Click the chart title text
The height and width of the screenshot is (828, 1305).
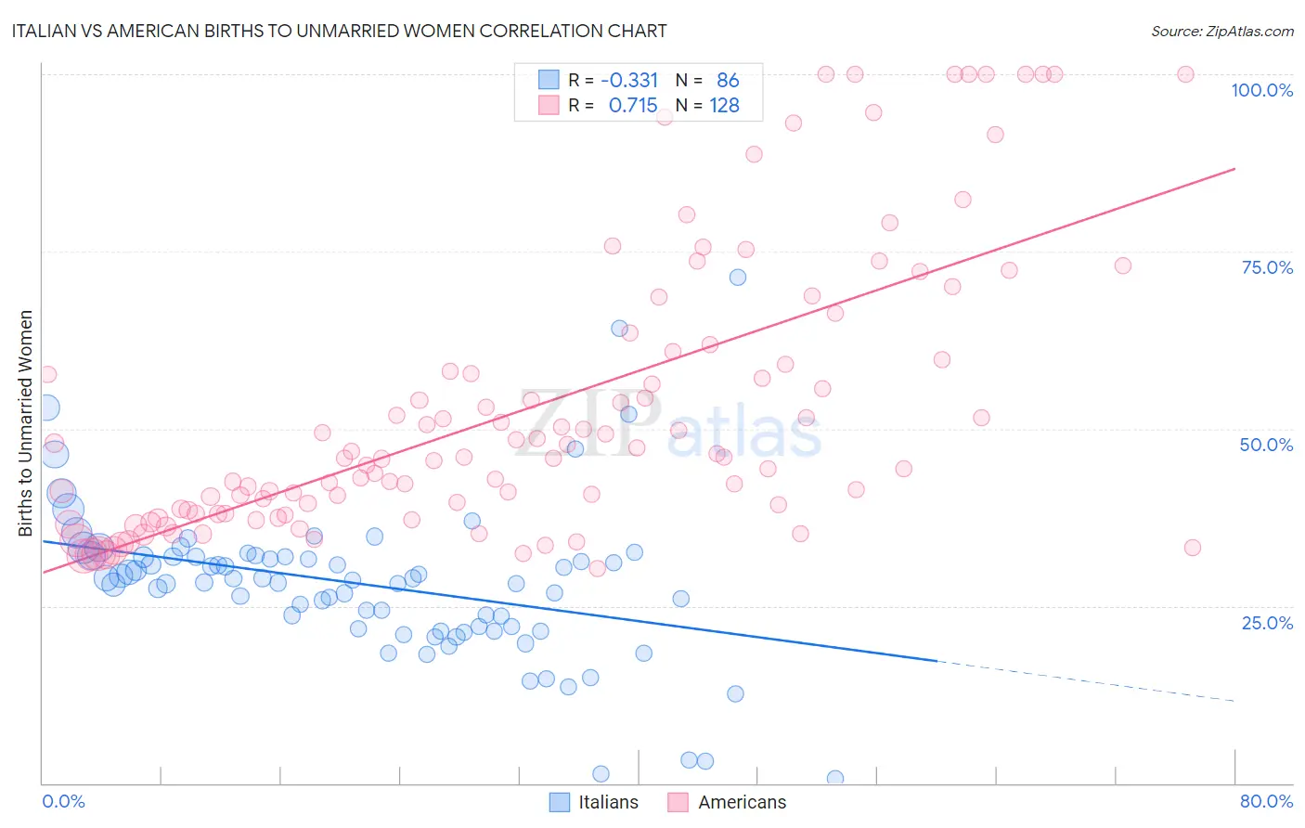[x=339, y=32]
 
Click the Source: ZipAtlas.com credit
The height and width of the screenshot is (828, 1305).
[x=1221, y=32]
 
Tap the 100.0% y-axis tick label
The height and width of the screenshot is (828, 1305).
[x=1261, y=90]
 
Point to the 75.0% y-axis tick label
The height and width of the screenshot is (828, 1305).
[x=1267, y=267]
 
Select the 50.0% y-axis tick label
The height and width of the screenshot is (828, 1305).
[x=1266, y=445]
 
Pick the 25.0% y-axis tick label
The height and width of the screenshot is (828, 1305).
[x=1267, y=623]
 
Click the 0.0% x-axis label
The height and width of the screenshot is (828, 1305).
[x=63, y=801]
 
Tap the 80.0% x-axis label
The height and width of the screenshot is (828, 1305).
[x=1266, y=801]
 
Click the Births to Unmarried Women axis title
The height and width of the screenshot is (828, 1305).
[x=26, y=423]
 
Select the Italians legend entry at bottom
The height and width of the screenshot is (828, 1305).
[x=594, y=802]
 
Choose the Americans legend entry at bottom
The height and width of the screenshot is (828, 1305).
[x=727, y=802]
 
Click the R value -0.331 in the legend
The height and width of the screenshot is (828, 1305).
[x=629, y=81]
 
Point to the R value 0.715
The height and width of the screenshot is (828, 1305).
[x=633, y=106]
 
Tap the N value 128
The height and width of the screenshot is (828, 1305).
[x=724, y=106]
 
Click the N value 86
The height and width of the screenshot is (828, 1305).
[x=728, y=81]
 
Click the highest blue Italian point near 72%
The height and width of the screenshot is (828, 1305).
[x=737, y=278]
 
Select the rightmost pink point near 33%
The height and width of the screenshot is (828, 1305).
[x=1193, y=548]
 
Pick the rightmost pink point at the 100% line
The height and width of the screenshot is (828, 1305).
[x=1185, y=74]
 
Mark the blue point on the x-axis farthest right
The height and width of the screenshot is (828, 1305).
[x=835, y=779]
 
